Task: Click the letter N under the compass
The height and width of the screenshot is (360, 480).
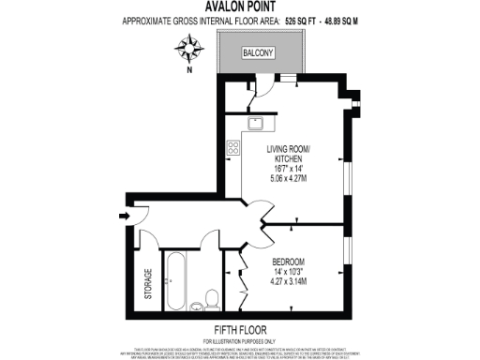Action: point(190,69)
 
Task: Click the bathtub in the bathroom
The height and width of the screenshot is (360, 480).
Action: point(175,282)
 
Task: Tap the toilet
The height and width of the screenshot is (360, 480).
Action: point(211,300)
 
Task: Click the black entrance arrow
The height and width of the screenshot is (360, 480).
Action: point(126,217)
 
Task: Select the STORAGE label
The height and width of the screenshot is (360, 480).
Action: point(147,285)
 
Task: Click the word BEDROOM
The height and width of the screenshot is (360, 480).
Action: point(289,261)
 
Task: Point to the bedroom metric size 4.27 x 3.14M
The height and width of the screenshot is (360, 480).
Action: point(289,280)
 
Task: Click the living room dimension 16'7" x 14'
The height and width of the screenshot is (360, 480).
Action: point(289,169)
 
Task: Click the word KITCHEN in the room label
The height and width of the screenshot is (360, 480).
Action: point(290,159)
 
